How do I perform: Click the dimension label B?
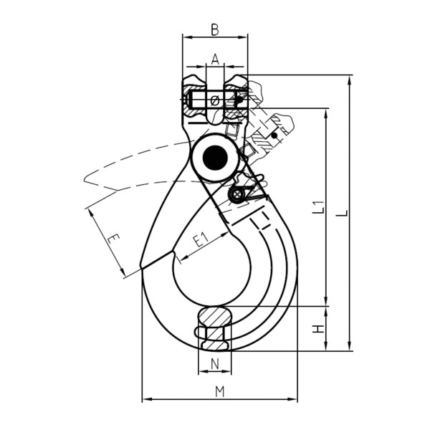point(215,29)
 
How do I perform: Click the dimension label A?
point(215,59)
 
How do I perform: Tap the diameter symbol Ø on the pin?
point(215,100)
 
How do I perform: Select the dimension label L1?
point(319,207)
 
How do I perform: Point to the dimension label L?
point(342,213)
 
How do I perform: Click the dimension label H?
point(319,329)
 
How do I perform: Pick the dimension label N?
point(215,364)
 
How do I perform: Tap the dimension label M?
point(220,391)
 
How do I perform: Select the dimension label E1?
point(201,239)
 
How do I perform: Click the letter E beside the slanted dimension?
point(113,239)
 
